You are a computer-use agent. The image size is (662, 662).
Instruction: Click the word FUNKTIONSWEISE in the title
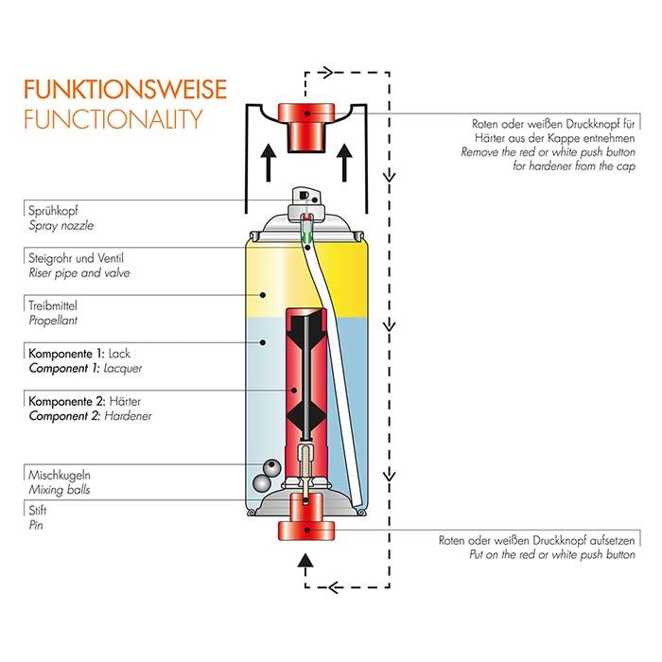[x=125, y=90]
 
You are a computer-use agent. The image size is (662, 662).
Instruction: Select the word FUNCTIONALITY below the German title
[x=113, y=119]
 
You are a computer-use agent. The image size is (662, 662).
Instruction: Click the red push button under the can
[x=306, y=519]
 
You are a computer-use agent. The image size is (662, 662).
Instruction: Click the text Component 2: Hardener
[x=90, y=415]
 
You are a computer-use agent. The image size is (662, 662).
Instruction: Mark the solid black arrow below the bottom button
[x=305, y=562]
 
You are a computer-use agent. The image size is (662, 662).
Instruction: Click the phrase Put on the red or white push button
[x=552, y=555]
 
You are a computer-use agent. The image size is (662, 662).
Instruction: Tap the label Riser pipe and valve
[x=78, y=273]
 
